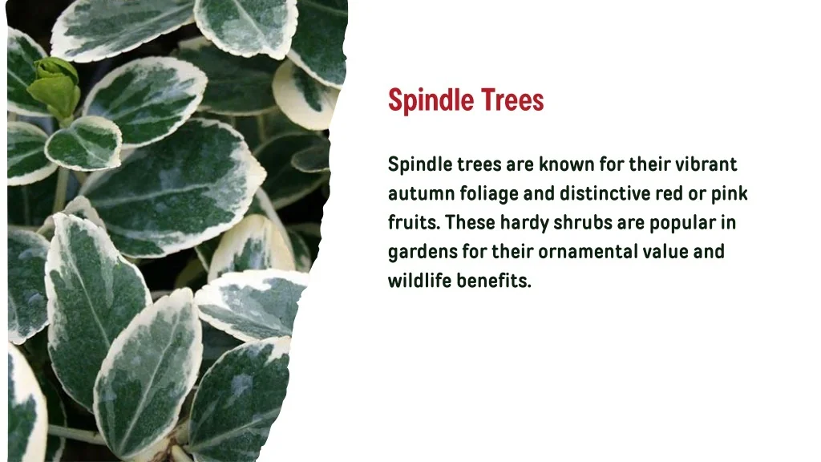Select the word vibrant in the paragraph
tap(706, 164)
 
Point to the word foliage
tap(489, 194)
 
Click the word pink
tap(729, 193)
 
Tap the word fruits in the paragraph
tap(414, 222)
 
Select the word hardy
tap(524, 223)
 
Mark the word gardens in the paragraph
tap(422, 252)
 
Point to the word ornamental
tap(588, 252)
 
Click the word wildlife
tap(419, 281)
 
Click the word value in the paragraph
tap(665, 252)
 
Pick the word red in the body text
tap(669, 193)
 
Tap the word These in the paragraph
tap(471, 222)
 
